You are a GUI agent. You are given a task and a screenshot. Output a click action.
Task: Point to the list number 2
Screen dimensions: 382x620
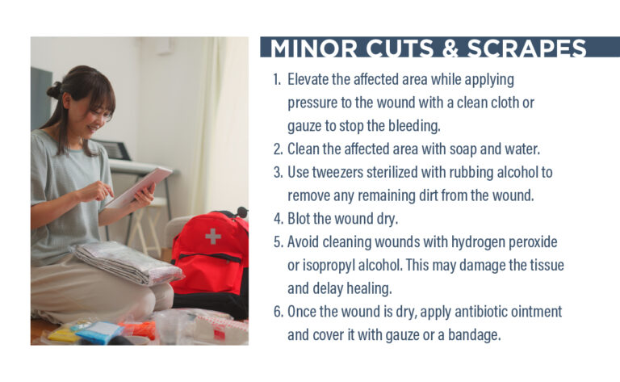[x=277, y=149]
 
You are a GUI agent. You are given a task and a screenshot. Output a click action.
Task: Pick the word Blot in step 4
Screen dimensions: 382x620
[x=300, y=218]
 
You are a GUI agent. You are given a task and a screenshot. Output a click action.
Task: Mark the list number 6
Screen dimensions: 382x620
[x=277, y=311]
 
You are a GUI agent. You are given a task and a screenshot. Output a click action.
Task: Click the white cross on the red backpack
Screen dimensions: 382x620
[x=212, y=237]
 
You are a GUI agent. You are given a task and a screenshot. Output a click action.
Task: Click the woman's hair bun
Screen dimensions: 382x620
[x=55, y=90]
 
